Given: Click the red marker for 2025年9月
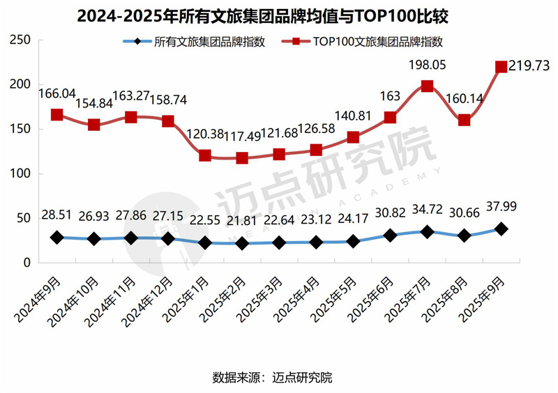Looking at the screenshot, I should (501, 67).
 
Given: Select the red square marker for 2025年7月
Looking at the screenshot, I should (427, 86).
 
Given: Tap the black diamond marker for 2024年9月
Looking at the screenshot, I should (57, 238).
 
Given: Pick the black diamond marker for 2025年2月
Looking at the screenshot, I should (242, 243).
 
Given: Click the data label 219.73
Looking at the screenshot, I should (529, 66).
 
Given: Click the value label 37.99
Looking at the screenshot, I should (501, 206).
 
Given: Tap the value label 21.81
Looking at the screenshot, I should (242, 222).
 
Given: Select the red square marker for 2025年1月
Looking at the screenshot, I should (205, 155).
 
